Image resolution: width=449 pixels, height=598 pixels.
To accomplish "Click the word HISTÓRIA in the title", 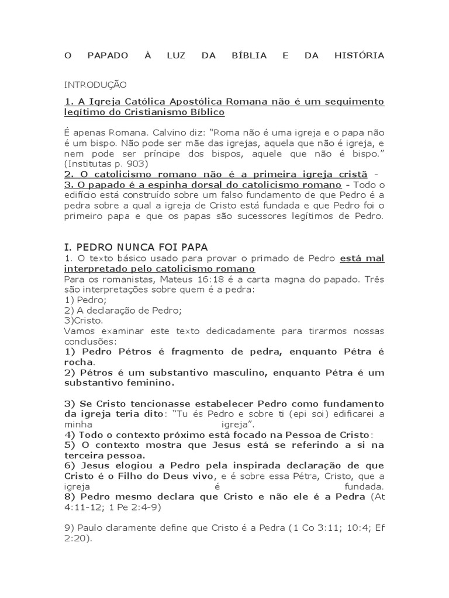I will [x=359, y=55].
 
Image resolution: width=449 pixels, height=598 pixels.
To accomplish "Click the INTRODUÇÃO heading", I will [x=95, y=85].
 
